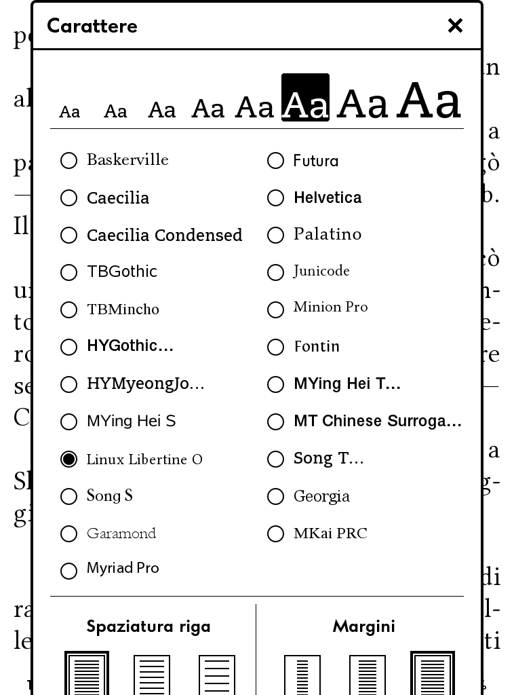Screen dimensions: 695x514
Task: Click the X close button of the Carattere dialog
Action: point(455,26)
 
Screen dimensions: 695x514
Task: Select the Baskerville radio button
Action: point(68,160)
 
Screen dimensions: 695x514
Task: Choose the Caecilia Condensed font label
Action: point(164,235)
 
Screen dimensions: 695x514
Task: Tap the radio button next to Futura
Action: point(275,160)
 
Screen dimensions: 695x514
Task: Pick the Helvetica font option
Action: point(328,198)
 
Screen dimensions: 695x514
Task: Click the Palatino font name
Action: point(328,234)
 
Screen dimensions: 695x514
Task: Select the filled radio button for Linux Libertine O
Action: point(68,459)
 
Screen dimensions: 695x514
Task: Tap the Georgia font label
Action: point(321,496)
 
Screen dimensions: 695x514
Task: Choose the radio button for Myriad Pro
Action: point(68,571)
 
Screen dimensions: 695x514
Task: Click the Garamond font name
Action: point(121,533)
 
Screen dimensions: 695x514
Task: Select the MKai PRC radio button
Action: point(275,533)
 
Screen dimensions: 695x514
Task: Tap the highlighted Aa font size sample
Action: point(305,98)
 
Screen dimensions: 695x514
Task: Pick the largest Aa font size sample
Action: point(429,100)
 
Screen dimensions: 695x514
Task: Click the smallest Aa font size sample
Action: point(70,112)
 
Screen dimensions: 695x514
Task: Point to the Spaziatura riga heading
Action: point(149,626)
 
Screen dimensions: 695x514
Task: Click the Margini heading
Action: point(363,626)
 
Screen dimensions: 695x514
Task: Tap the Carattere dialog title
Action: point(92,26)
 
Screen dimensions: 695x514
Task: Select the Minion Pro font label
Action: point(330,307)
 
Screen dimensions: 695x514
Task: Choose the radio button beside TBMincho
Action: point(68,309)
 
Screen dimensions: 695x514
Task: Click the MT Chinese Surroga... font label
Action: point(377,421)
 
